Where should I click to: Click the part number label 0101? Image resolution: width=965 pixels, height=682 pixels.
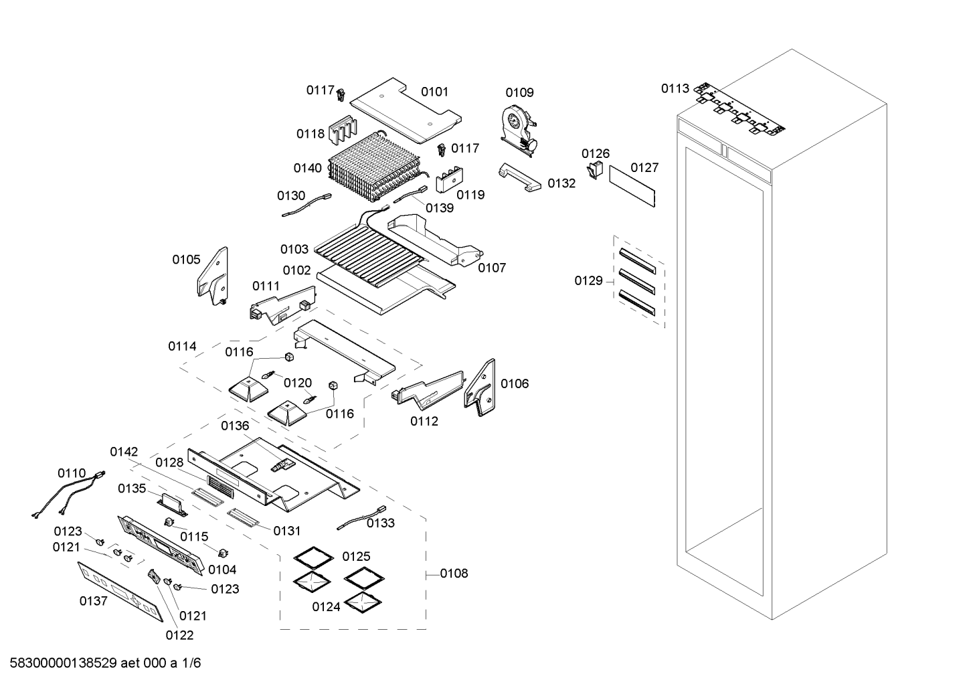[434, 92]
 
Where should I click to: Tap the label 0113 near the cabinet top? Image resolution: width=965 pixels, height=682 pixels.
[675, 88]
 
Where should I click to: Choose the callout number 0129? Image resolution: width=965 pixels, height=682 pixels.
[588, 280]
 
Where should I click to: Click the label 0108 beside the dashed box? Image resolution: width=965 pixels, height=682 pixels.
[454, 574]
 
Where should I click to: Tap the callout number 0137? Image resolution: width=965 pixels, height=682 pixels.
[93, 601]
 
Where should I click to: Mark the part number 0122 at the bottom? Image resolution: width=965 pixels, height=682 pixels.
[179, 635]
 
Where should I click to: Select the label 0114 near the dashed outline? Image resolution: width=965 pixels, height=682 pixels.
[182, 346]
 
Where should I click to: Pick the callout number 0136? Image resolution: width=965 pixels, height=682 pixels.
[235, 426]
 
